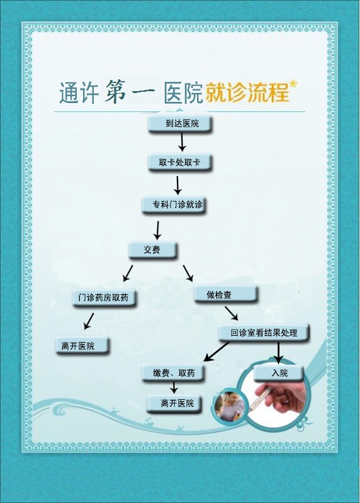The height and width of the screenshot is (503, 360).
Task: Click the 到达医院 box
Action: coord(179,124)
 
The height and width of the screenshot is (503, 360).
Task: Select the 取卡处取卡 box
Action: coord(179,162)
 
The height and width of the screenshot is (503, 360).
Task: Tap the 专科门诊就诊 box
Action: coord(174,205)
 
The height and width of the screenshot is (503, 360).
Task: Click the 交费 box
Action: coord(152,250)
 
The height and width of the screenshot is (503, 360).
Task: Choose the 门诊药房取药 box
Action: coord(104,298)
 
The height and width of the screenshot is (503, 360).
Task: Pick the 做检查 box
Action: coord(225,294)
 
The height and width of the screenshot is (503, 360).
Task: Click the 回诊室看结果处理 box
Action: coord(263,333)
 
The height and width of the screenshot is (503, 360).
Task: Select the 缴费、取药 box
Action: coord(173,373)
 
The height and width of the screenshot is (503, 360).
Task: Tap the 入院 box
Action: coord(279,373)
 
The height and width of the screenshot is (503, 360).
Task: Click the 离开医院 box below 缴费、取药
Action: coord(174,404)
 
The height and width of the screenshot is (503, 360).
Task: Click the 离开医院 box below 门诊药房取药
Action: coord(82,345)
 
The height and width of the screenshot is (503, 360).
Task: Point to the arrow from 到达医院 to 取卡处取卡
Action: coord(182,143)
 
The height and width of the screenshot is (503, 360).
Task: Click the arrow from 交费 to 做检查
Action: coord(188,274)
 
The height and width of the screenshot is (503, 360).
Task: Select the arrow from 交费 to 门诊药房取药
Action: coord(128,273)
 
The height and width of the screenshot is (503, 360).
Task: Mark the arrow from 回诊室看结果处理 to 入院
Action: coord(278,353)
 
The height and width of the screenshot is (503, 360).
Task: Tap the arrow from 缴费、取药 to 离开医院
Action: coord(174,387)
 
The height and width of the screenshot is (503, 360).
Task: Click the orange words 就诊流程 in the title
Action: coord(247,92)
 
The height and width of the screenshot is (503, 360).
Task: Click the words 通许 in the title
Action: coord(79,92)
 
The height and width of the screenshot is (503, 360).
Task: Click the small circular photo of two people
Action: coord(230,405)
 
